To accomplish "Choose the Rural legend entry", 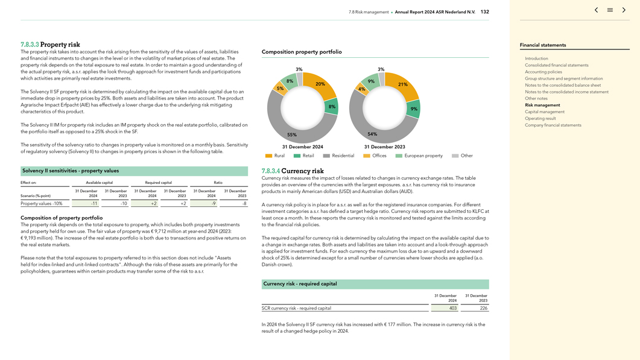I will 275,156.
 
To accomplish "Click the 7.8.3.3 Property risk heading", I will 50,45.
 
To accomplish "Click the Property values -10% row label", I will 42,204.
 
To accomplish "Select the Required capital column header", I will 158,182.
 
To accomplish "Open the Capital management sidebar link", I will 545,112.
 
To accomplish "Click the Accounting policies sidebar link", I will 543,72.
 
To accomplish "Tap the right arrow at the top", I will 624,10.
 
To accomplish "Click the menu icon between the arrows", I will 610,10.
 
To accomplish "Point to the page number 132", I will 485,12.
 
